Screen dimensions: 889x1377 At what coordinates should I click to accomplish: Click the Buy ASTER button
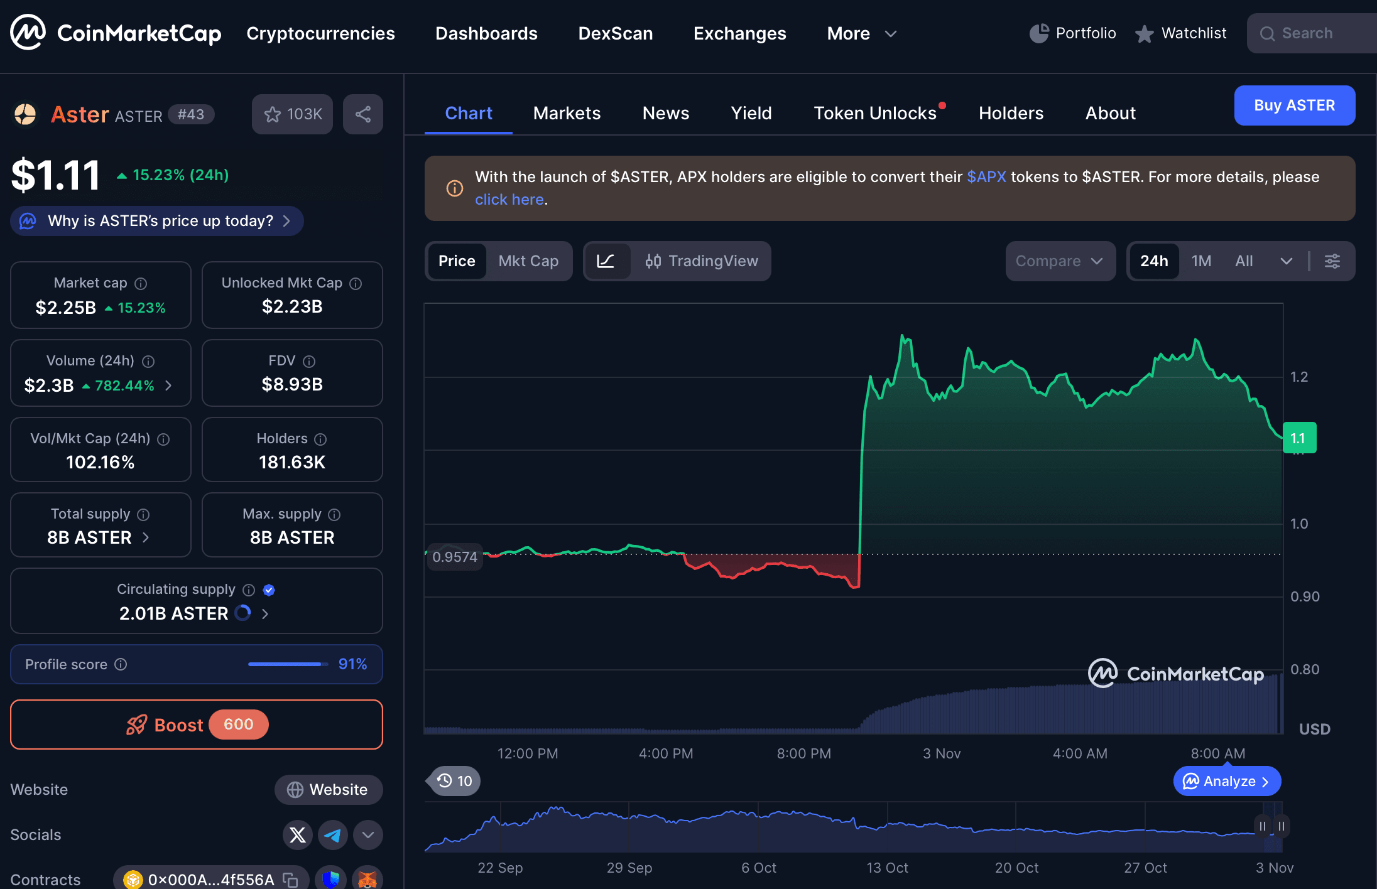point(1294,105)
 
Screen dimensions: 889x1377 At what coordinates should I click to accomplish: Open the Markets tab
point(567,113)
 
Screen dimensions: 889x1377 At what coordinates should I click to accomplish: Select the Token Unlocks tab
point(875,113)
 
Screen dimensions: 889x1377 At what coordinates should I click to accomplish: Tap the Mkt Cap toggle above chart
point(528,261)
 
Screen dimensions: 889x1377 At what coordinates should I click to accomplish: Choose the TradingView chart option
point(702,261)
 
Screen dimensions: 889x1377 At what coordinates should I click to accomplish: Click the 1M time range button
point(1201,261)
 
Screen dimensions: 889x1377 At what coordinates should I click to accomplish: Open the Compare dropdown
point(1060,261)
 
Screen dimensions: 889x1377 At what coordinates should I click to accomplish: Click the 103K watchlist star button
point(293,114)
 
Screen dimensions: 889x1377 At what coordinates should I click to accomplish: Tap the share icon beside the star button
point(363,114)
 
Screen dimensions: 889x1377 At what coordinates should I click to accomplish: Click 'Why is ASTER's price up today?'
point(157,221)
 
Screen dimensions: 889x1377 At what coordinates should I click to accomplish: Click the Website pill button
point(328,790)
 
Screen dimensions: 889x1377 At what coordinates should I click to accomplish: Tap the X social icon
point(298,835)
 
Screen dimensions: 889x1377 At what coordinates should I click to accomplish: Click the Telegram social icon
point(333,835)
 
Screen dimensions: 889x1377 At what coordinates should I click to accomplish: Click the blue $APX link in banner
point(986,177)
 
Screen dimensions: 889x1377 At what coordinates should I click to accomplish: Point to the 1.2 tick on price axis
point(1298,377)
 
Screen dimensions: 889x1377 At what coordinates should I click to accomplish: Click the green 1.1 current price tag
point(1298,438)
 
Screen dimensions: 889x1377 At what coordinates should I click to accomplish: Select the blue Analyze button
point(1227,782)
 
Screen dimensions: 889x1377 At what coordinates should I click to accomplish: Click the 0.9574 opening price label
point(455,557)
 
